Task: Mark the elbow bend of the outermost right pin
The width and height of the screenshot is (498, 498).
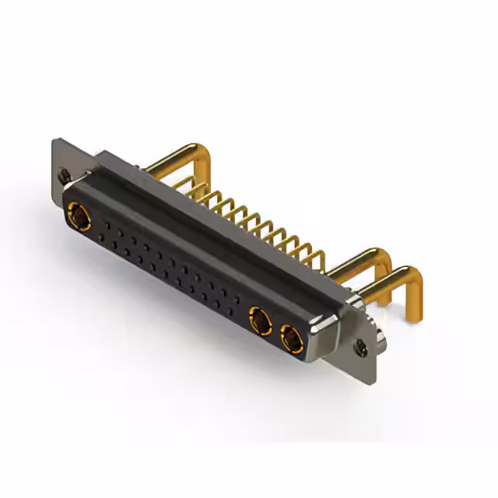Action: coord(412,272)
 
